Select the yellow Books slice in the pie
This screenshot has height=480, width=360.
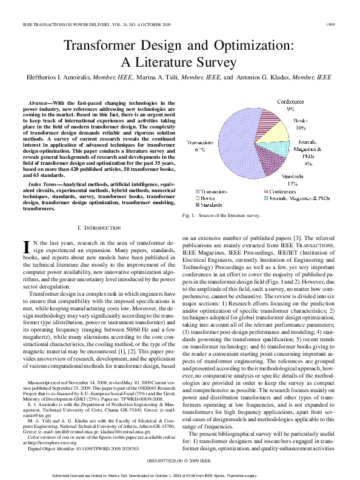pyautogui.click(x=282, y=130)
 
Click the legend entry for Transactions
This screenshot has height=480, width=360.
pyautogui.click(x=212, y=192)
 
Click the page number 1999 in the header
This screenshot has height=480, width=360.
pyautogui.click(x=330, y=25)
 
